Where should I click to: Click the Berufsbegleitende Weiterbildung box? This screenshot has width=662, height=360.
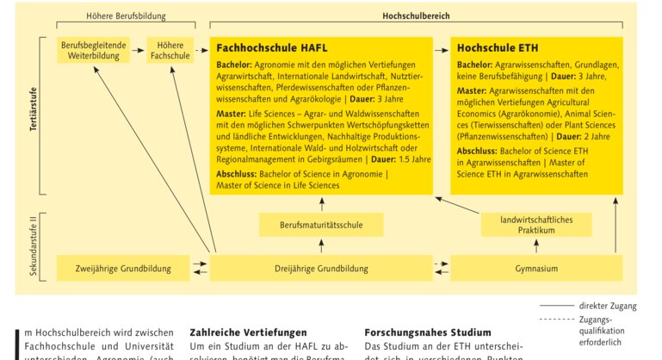91,50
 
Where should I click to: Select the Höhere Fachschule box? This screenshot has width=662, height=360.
170,50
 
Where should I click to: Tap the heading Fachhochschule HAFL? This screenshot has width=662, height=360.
271,47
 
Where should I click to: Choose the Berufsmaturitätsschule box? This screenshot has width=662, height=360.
320,227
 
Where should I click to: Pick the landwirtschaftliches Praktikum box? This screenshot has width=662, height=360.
536,226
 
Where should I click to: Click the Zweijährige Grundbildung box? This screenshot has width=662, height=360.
122,268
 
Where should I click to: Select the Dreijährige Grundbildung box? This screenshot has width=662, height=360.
320,268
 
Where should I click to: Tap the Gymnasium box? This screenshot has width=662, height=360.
536,268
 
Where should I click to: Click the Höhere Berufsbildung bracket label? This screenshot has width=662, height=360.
127,16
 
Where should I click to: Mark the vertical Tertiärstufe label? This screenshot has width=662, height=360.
34,112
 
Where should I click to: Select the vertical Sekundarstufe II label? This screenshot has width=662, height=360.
34,245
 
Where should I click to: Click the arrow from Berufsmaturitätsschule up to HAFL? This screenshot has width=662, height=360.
320,204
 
